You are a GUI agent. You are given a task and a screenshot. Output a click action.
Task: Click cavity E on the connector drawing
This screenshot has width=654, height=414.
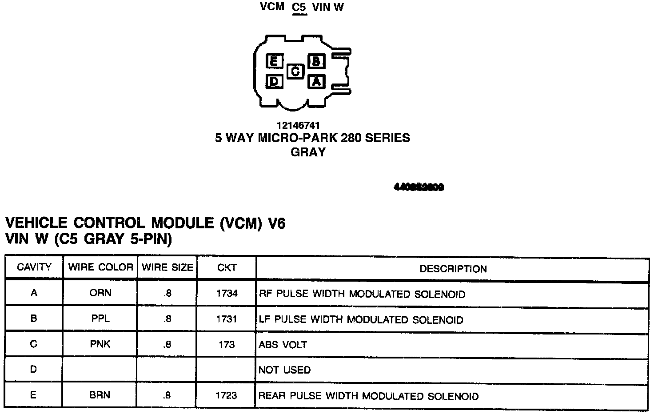pos(275,61)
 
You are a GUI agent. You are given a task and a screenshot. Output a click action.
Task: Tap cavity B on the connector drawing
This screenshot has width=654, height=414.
pos(316,61)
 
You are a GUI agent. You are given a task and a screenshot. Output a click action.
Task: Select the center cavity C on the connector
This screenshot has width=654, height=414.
pos(295,71)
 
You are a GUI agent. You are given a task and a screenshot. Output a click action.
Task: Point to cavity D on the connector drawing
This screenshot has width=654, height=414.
pos(275,81)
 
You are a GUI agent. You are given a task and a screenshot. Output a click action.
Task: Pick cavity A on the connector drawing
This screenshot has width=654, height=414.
pos(316,81)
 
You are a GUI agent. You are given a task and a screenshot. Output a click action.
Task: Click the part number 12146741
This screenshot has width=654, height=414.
pos(298,125)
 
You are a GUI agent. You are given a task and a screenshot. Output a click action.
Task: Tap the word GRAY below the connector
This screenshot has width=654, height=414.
pos(308,152)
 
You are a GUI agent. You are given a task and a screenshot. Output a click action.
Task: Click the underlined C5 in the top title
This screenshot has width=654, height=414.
pos(299,8)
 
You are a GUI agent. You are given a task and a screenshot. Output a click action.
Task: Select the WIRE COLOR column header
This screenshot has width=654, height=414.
pos(100,267)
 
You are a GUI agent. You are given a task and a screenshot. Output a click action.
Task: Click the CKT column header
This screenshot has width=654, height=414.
pos(227,268)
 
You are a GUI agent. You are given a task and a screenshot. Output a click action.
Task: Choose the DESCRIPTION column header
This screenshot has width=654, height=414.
pos(453,269)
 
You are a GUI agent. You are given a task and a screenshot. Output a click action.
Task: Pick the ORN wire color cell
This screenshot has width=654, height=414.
pos(100,293)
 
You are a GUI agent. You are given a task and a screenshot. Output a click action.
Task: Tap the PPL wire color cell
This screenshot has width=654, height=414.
pos(100,318)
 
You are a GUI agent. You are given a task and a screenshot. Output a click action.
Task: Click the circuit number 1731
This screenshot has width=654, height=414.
pos(227,319)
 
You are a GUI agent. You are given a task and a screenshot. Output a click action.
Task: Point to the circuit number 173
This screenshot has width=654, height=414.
pos(227,344)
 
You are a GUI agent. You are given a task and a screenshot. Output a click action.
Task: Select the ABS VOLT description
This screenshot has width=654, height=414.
pos(283,345)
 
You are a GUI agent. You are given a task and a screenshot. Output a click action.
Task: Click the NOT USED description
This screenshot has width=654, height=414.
pos(284,370)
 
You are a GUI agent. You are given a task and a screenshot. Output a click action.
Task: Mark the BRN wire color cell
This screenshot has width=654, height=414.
pos(100,395)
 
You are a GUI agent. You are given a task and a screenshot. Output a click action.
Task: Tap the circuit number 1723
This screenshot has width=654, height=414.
pos(226,395)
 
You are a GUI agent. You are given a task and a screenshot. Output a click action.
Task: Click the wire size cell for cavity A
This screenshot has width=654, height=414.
pos(167,293)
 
